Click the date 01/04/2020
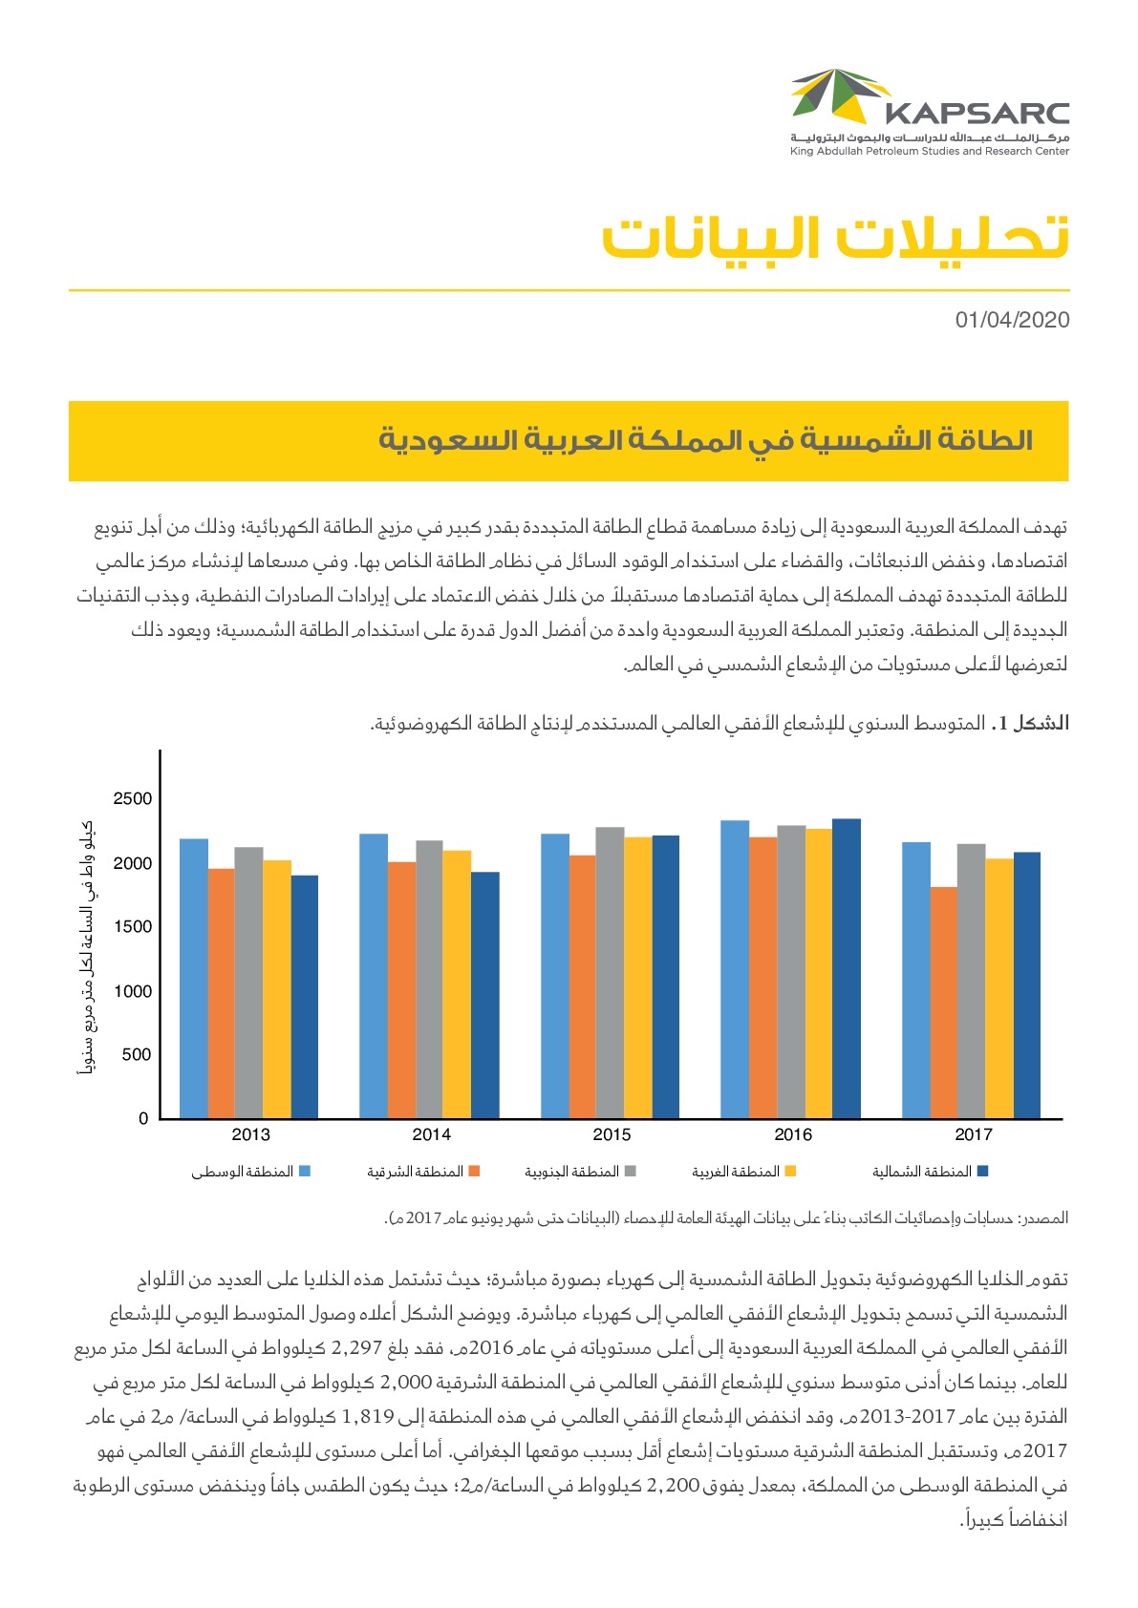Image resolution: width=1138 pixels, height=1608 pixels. [x=1012, y=320]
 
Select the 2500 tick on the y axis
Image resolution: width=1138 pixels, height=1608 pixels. [x=132, y=799]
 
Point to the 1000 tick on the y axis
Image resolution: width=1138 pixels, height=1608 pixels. [x=132, y=991]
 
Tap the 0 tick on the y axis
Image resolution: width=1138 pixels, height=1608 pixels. [x=143, y=1118]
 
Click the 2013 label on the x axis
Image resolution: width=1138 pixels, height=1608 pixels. [x=250, y=1135]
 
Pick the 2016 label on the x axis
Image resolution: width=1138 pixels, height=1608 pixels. [x=792, y=1135]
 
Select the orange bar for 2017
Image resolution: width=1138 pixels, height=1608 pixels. [x=943, y=1003]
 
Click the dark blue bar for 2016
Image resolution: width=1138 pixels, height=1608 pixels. [x=846, y=968]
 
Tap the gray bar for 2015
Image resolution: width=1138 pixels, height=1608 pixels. [x=610, y=973]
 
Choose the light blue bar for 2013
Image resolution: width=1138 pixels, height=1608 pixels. [x=193, y=979]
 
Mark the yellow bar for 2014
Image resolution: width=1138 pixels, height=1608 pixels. [x=456, y=984]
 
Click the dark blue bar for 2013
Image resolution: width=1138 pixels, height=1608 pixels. [x=304, y=997]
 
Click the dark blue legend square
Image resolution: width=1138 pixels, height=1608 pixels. [x=983, y=1171]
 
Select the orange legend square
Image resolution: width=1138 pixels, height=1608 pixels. [x=473, y=1171]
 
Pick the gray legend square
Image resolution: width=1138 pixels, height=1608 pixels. [x=630, y=1171]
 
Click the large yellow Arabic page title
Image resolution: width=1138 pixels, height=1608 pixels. [x=835, y=237]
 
